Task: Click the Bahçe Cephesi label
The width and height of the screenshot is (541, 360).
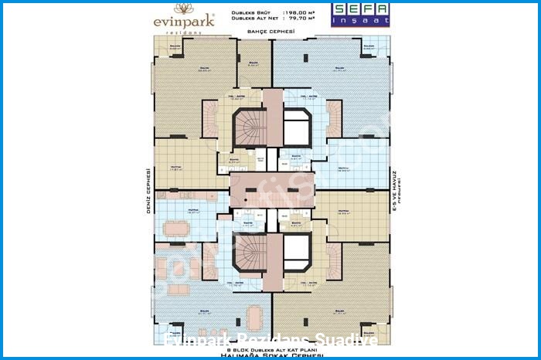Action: [x=270, y=31]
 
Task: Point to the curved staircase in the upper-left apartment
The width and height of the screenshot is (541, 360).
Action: [x=209, y=120]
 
